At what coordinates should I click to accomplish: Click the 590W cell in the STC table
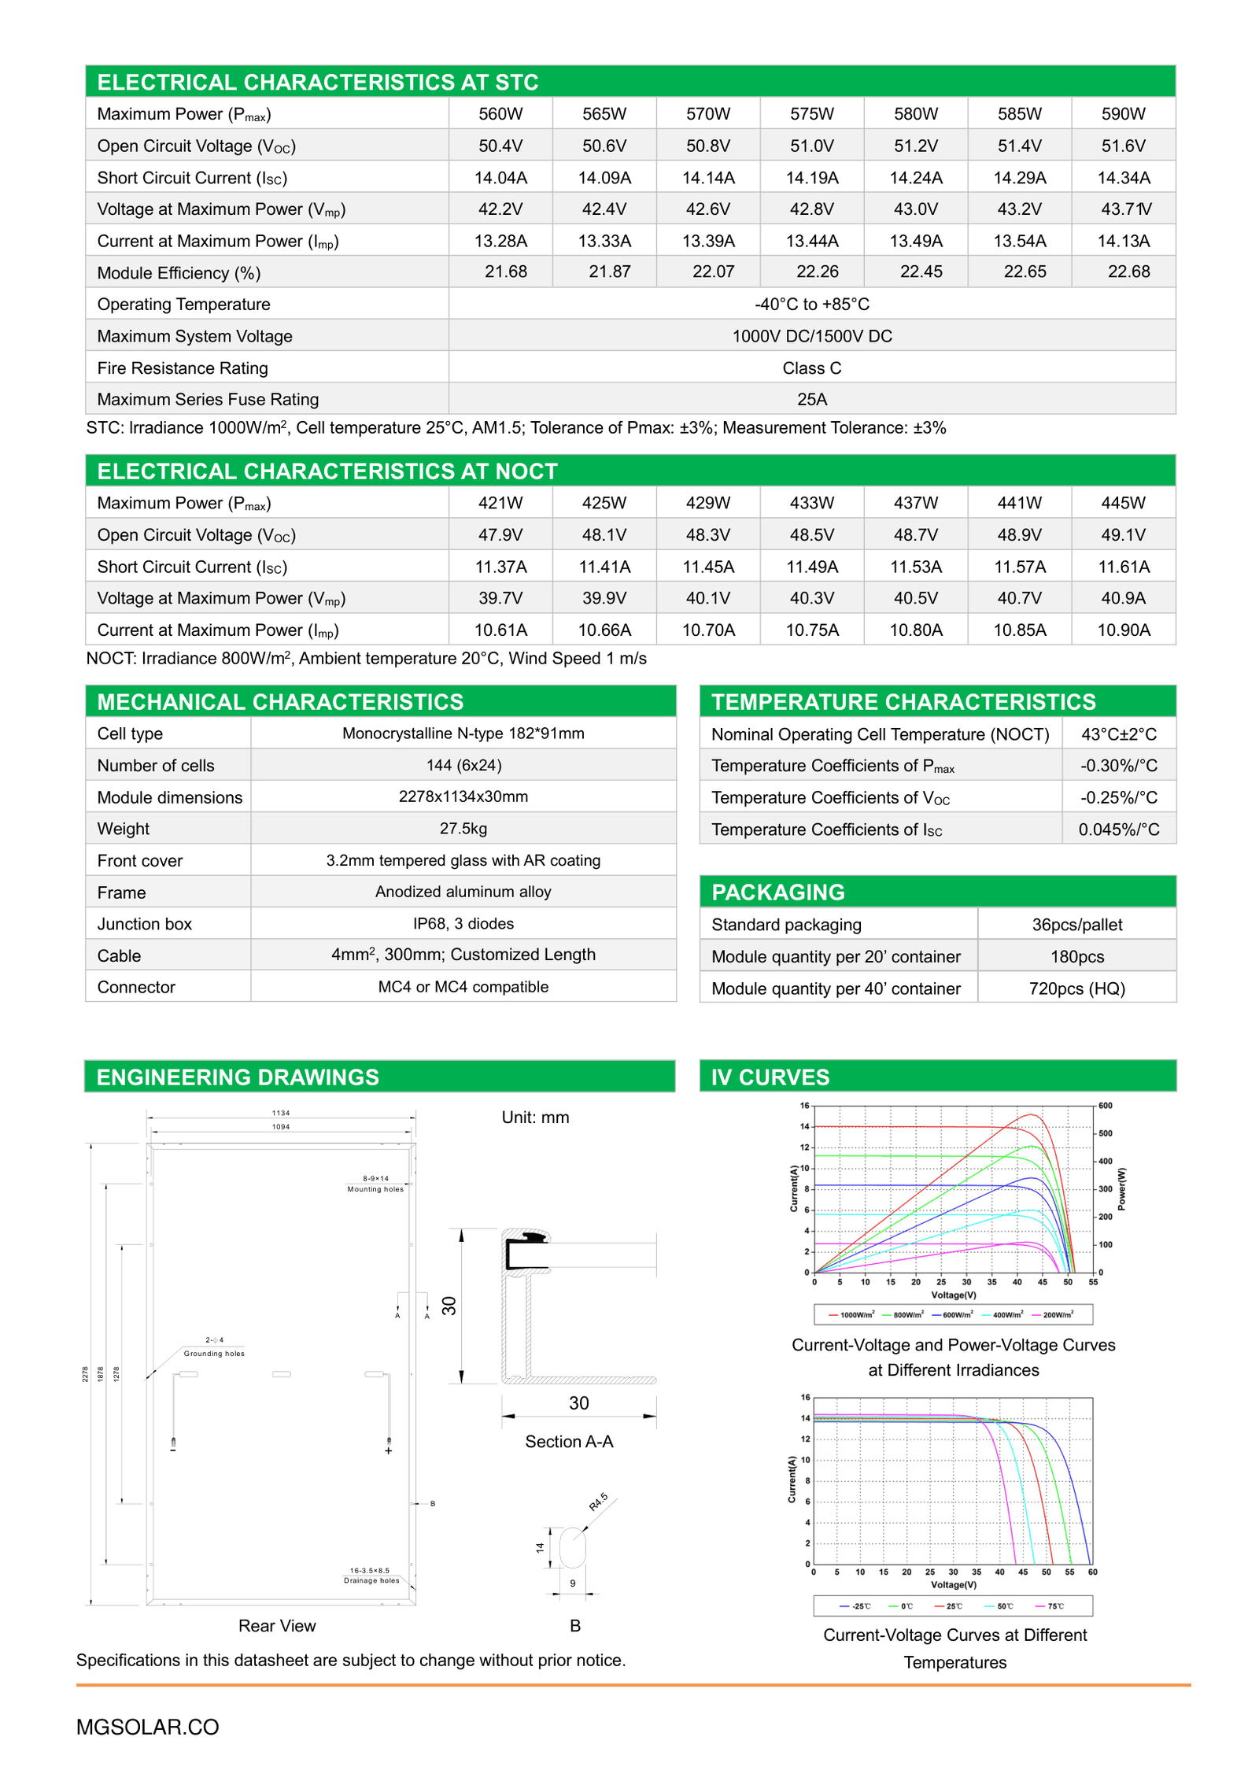pos(1123,114)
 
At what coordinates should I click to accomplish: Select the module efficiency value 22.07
pos(713,272)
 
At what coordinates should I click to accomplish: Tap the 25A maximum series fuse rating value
pos(811,399)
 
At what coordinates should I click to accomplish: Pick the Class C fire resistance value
pos(811,368)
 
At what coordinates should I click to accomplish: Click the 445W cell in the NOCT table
pos(1123,503)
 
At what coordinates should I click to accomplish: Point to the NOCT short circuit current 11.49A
pos(811,567)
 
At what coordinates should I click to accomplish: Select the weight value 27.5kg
pos(463,828)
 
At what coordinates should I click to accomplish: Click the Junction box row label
pos(145,924)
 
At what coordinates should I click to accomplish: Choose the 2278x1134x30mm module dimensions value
pos(463,796)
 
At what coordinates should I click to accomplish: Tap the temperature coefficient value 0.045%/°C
pos(1118,830)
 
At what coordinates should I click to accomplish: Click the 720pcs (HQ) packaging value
pos(1076,988)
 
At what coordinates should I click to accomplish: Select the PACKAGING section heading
pos(777,892)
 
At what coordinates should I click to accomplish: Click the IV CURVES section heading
pos(770,1077)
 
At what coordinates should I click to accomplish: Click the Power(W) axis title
pos(1121,1188)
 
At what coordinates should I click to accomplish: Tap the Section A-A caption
pos(569,1441)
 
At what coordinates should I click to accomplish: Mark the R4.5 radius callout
pos(598,1501)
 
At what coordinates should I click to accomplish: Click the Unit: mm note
pos(535,1117)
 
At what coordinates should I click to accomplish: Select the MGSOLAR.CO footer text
pos(147,1727)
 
